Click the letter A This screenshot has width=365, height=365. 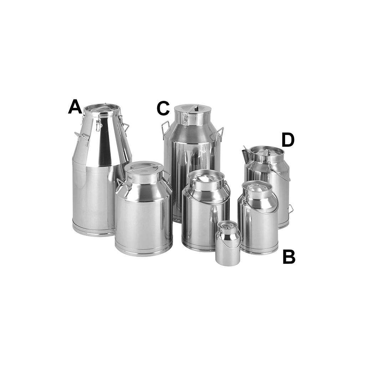pyautogui.click(x=75, y=107)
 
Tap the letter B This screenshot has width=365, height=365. pyautogui.click(x=289, y=257)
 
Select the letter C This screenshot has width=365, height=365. pyautogui.click(x=163, y=108)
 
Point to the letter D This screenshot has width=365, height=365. pyautogui.click(x=288, y=140)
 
